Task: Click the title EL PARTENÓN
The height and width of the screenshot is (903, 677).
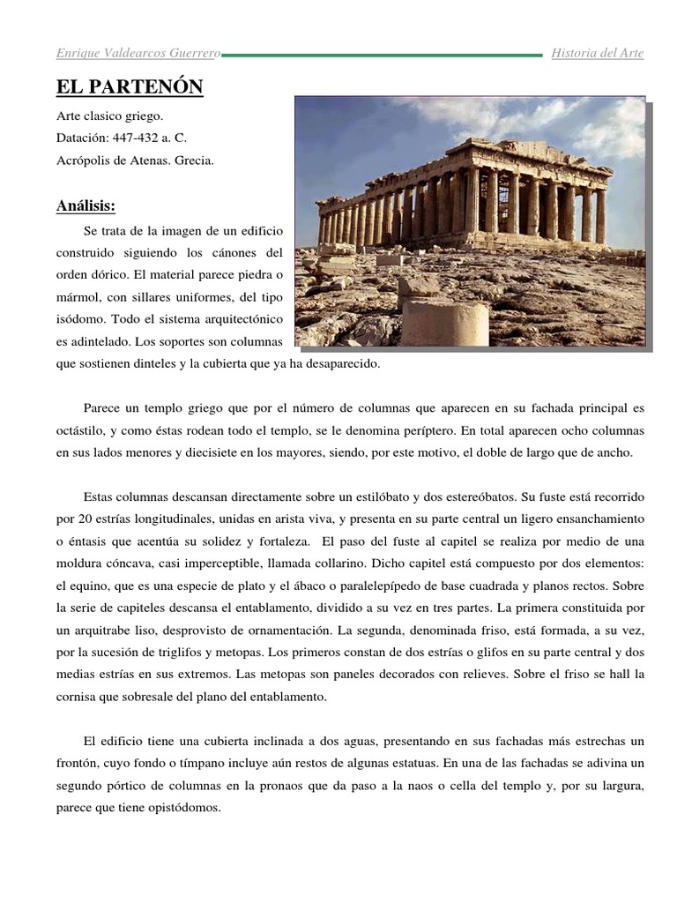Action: [x=130, y=87]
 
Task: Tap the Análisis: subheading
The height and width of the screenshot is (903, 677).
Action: [x=86, y=206]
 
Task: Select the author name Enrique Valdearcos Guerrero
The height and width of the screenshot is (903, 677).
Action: [x=138, y=54]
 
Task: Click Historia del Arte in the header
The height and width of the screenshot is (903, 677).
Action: [x=598, y=54]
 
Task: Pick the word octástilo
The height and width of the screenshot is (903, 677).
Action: [x=81, y=430]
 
